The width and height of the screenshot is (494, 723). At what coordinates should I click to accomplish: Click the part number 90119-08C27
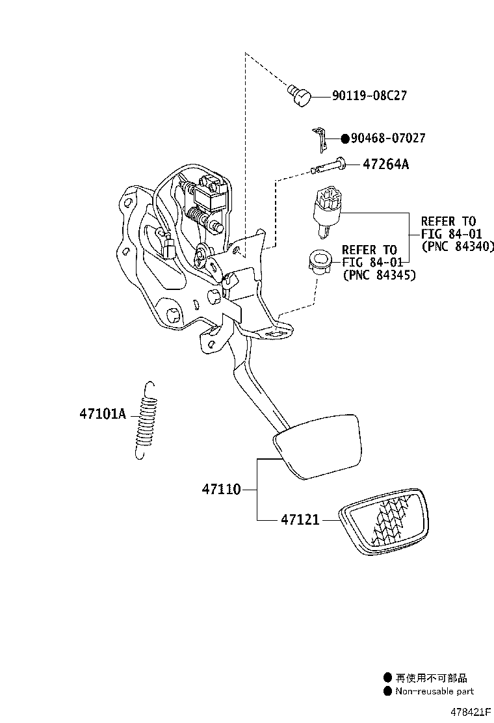pos(369,96)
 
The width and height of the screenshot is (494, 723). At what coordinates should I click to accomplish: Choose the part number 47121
pos(302,519)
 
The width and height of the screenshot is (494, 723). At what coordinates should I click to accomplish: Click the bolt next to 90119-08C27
pos(300,96)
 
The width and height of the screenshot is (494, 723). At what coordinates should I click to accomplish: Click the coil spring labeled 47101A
pos(147,420)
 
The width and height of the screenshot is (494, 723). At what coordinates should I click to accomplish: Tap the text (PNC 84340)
pos(458,246)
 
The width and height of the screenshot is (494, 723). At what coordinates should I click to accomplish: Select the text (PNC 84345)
pos(380,275)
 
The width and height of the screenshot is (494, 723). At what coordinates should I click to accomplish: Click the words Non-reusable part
pos(435,691)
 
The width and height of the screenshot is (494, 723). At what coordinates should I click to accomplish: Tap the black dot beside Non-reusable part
pos(387,691)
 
